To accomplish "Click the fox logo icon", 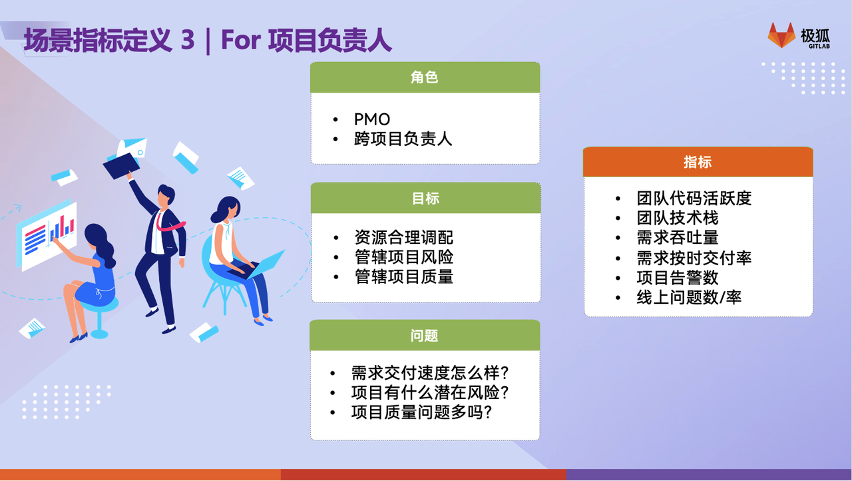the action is pos(781,36).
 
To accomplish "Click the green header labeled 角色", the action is pos(425,77).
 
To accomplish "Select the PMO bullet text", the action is pos(371,119).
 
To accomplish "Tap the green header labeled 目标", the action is pos(425,198).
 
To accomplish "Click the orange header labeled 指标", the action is pos(698,162).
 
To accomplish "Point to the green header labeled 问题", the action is pos(425,335).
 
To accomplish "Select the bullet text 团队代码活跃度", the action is pos(694,199).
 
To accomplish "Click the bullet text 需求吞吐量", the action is pos(678,237).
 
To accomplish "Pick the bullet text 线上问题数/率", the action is pos(689,297).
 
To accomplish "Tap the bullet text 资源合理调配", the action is pos(403,237).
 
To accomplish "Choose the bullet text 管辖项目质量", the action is pos(403,276).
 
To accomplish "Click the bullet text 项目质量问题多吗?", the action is pos(421,412).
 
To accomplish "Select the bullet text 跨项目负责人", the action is pos(403,139).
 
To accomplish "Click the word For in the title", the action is pos(241,39).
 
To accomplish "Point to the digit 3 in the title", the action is pos(188,39).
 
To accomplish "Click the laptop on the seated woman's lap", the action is pos(259,266).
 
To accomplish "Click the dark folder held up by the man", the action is pos(121,166).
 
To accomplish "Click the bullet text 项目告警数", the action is pos(678,277).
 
